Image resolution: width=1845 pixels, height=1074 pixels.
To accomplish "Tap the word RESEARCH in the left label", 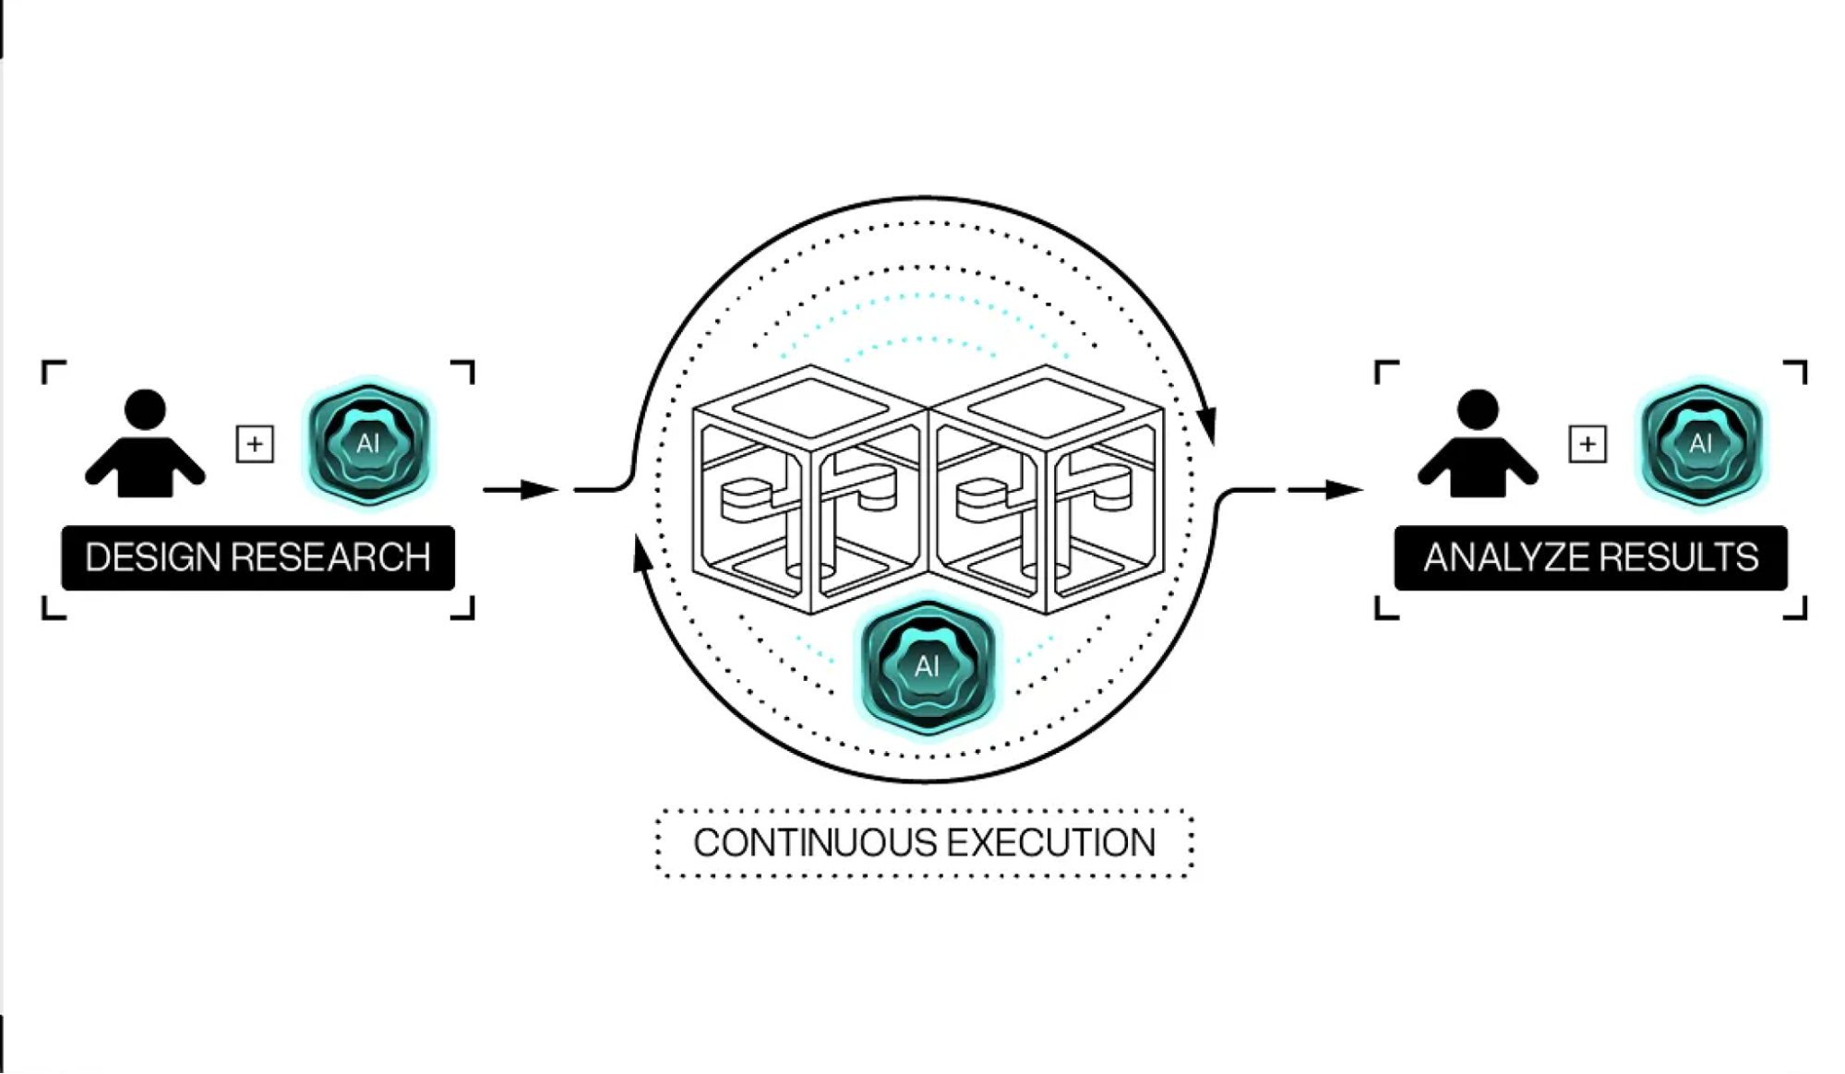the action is tap(330, 557).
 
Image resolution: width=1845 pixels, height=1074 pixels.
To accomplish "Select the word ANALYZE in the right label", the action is tap(1498, 557).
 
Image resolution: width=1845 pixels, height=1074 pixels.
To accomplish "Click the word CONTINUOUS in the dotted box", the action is tap(814, 842).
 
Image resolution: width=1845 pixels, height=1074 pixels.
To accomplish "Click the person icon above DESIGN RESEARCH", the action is tap(145, 444).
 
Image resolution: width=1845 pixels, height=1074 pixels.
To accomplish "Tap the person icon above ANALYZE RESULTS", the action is tap(1478, 444).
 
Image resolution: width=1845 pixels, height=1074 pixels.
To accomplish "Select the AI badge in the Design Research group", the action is tap(369, 444).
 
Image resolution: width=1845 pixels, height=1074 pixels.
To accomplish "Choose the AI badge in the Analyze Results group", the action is tap(1701, 444).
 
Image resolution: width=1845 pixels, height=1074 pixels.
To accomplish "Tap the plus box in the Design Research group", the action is tap(255, 444).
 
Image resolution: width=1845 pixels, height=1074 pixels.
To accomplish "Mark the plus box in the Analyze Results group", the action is tap(1587, 444).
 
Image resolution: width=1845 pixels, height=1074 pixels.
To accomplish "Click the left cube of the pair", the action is tap(810, 489).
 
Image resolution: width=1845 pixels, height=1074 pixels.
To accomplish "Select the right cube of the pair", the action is tap(1046, 489).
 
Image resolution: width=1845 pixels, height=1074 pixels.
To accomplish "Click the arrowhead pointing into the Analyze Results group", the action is tap(1345, 489).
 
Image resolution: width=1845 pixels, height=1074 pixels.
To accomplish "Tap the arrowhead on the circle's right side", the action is tap(1206, 425).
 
